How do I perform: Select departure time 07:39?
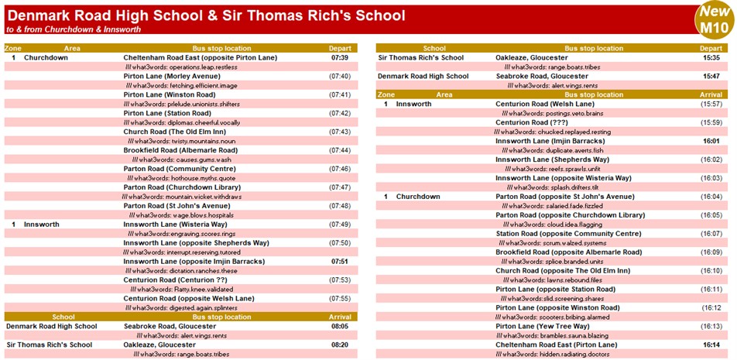pyautogui.click(x=340, y=57)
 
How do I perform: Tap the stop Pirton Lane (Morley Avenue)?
pyautogui.click(x=172, y=76)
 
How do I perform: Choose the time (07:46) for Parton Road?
pyautogui.click(x=340, y=169)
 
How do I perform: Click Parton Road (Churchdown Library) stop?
pyautogui.click(x=182, y=187)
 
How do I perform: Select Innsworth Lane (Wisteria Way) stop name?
pyautogui.click(x=175, y=225)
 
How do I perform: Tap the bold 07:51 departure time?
pyautogui.click(x=340, y=262)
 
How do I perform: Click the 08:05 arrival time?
pyautogui.click(x=340, y=327)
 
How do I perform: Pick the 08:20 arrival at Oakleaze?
pyautogui.click(x=340, y=345)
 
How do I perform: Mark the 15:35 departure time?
pyautogui.click(x=711, y=57)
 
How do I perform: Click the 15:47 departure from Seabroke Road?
pyautogui.click(x=711, y=76)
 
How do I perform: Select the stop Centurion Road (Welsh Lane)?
pyautogui.click(x=545, y=104)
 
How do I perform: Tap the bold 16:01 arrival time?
pyautogui.click(x=711, y=141)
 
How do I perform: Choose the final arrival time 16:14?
pyautogui.click(x=711, y=345)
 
